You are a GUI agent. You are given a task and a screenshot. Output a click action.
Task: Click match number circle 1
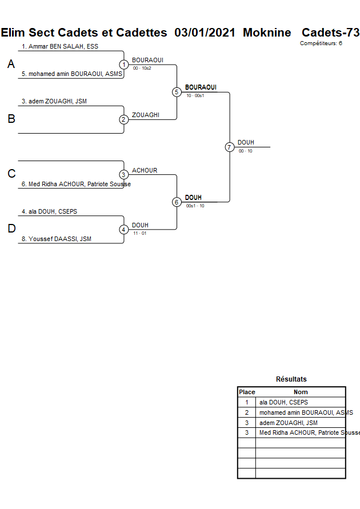[x=124, y=65]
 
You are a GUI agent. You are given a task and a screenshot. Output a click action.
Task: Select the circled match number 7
[x=230, y=147]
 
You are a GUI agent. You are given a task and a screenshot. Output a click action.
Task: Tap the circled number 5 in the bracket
[x=177, y=92]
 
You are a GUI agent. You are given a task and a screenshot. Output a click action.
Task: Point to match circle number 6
[x=177, y=202]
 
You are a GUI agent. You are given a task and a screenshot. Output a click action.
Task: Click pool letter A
[x=11, y=65]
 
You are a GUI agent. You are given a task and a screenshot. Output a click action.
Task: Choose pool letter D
[x=11, y=229]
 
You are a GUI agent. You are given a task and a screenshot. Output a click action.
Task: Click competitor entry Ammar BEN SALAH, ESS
[x=60, y=46]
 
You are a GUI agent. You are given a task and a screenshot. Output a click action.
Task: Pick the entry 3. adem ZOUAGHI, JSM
[x=54, y=101]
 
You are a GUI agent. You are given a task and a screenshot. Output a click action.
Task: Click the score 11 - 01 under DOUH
[x=139, y=233]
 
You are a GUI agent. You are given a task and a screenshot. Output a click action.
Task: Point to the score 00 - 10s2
[x=142, y=68]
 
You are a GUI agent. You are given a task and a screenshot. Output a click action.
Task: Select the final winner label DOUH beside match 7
[x=246, y=142]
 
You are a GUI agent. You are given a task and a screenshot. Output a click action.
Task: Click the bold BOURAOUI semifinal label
[x=201, y=87]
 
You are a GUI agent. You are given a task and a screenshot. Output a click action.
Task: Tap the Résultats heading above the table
[x=291, y=379]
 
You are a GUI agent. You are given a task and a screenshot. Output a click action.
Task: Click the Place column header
[x=247, y=392]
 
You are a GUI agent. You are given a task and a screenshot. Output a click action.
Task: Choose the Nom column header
[x=301, y=392]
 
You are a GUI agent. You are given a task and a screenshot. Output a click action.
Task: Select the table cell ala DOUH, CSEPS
[x=283, y=402]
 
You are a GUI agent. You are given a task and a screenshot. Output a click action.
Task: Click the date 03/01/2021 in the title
[x=205, y=33]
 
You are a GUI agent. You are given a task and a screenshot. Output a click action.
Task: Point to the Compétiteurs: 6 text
[x=321, y=43]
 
